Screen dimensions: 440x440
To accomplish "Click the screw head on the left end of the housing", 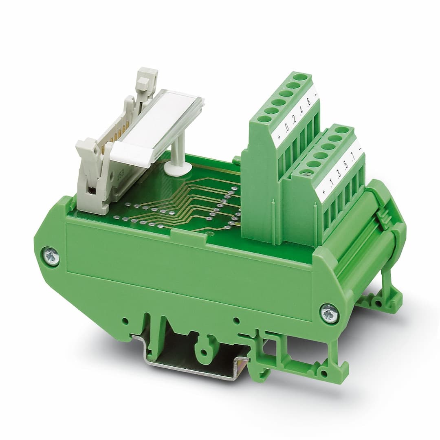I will point(51,257).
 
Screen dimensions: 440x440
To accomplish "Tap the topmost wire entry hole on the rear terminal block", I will point(300,77).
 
